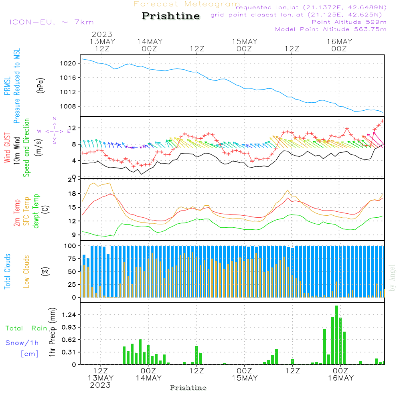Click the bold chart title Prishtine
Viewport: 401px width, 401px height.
[x=171, y=16]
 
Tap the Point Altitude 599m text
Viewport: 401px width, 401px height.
[x=349, y=22]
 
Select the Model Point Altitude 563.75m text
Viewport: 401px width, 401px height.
[x=331, y=29]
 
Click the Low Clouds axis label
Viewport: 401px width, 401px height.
[x=26, y=271]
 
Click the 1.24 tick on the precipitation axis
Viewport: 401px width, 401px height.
[x=69, y=315]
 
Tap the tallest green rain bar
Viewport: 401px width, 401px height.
[x=337, y=335]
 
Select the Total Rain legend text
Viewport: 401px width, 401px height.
[x=26, y=328]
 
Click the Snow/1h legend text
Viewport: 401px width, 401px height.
[x=22, y=343]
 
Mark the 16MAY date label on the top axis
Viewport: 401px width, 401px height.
[x=339, y=42]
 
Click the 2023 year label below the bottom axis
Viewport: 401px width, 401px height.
[x=100, y=385]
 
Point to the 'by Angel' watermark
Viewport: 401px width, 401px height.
[x=393, y=278]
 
